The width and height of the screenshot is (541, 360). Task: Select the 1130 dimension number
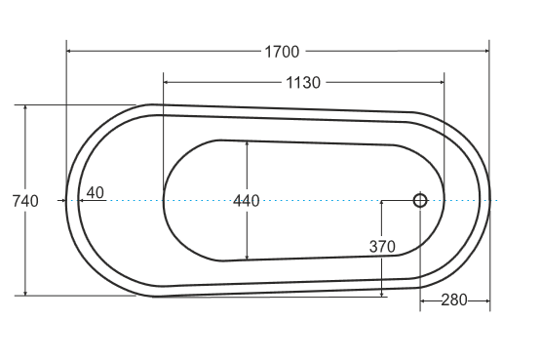click(302, 83)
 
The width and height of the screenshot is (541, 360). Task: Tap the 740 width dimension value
click(24, 201)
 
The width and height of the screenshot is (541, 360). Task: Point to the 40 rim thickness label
click(96, 193)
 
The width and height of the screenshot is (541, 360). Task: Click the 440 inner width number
click(247, 201)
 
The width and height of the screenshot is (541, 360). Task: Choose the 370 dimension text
click(382, 247)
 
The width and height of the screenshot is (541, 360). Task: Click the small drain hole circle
click(420, 201)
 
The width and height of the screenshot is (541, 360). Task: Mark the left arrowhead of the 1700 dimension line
click(70, 51)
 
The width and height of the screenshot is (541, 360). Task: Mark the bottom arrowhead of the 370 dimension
click(381, 292)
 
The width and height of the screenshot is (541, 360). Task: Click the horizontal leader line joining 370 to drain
click(398, 201)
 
